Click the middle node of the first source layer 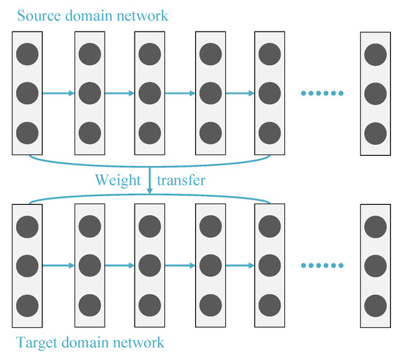(26, 93)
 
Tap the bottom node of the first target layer (26, 304)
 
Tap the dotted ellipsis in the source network (322, 94)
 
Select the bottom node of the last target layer (374, 304)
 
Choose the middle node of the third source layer (148, 93)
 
